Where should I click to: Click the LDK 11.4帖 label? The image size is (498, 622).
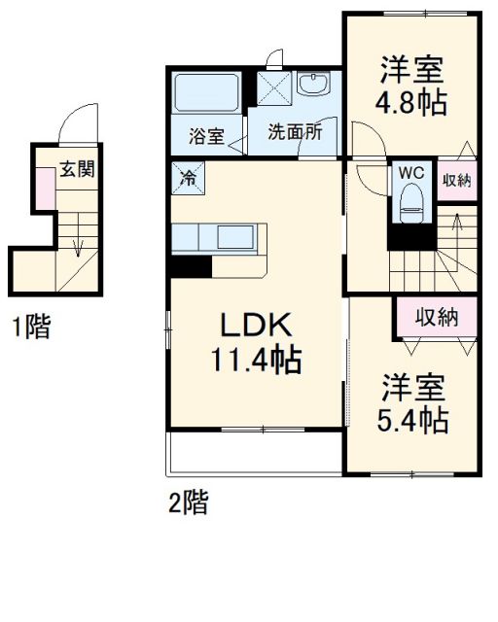click(256, 341)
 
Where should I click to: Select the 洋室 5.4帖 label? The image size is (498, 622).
click(411, 402)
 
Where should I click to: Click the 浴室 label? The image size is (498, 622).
click(206, 136)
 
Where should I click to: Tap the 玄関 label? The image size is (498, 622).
click(78, 168)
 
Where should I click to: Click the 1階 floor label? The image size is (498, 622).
click(30, 328)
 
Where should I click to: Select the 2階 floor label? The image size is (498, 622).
click(188, 503)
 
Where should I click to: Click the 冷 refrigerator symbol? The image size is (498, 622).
click(188, 178)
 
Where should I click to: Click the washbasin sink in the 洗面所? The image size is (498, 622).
click(315, 88)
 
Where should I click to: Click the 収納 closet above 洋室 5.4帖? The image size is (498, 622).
click(436, 316)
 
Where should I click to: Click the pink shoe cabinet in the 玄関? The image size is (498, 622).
click(44, 188)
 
